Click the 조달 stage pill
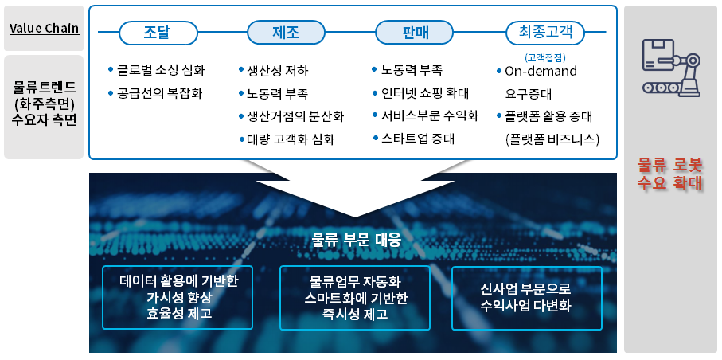point(157,33)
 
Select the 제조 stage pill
point(285,33)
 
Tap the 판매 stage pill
point(413,33)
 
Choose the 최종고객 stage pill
point(544,33)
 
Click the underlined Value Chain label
point(44,29)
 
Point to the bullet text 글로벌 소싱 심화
point(159,70)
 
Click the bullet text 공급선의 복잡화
point(159,93)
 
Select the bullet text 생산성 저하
point(278,70)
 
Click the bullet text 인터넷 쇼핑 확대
point(424,93)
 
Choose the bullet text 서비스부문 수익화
point(429,116)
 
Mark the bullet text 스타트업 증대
point(418,139)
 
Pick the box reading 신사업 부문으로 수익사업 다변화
point(525,297)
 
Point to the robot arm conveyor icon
point(671,67)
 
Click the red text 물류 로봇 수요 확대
point(670,174)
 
